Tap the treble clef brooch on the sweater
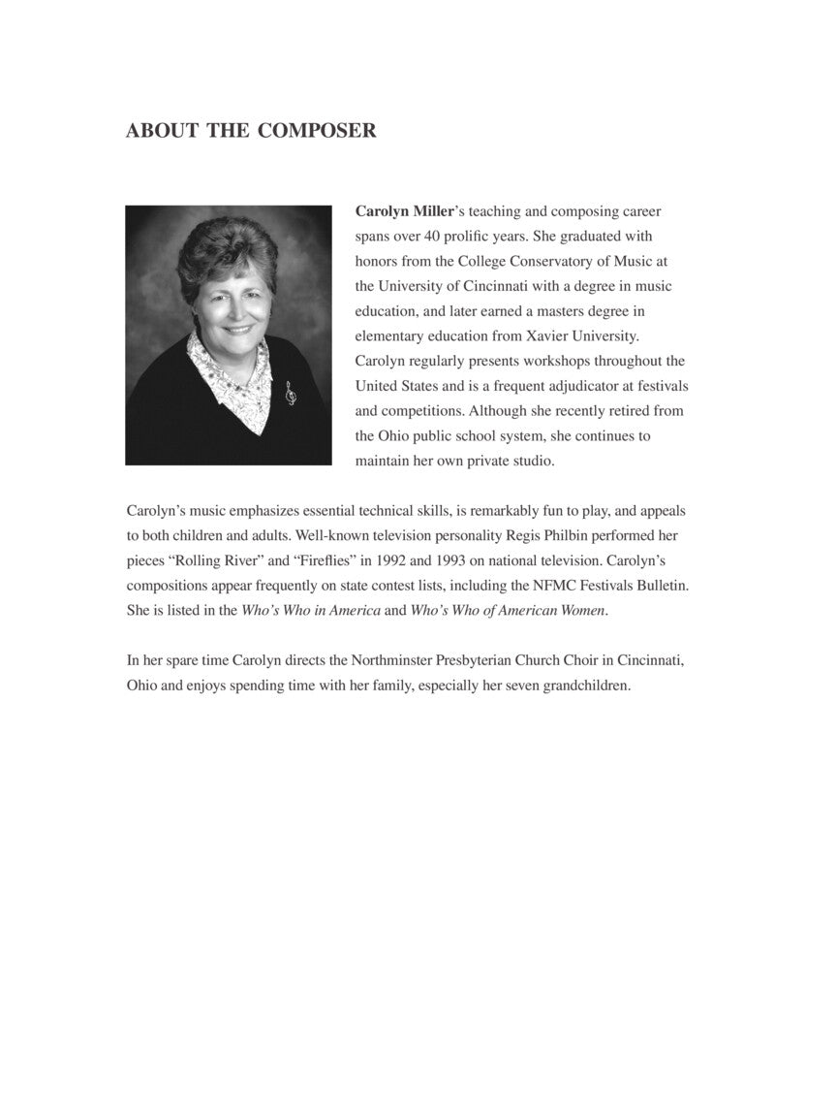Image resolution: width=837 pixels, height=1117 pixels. (290, 393)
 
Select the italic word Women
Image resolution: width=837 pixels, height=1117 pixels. (579, 611)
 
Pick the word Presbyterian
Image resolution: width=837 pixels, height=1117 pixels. (463, 661)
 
